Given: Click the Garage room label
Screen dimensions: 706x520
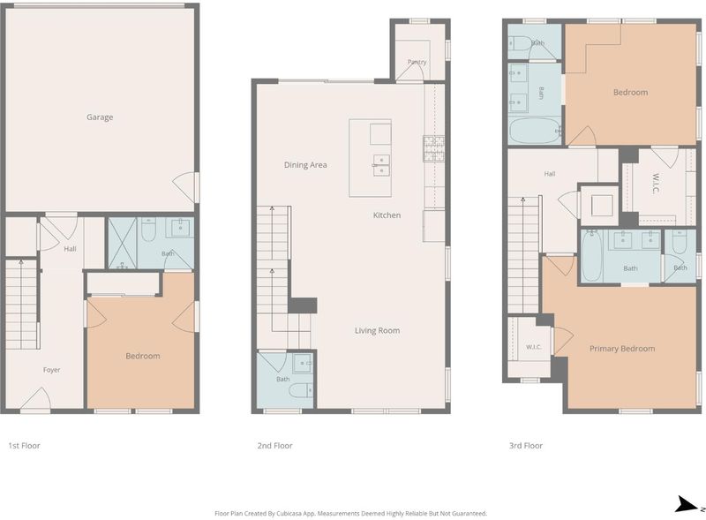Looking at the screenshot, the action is (100, 117).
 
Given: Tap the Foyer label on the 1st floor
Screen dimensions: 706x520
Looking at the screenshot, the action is (51, 370).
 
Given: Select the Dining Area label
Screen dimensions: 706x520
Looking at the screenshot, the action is (305, 165).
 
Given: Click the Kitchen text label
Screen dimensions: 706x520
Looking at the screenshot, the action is (387, 215).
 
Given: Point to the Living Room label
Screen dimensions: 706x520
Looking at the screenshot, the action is (378, 330).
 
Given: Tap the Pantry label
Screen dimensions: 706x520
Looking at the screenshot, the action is (417, 62).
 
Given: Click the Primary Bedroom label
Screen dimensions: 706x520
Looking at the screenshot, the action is (622, 349).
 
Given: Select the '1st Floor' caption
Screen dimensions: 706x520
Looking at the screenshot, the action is (25, 446).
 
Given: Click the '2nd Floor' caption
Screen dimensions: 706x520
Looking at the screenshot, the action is (274, 446).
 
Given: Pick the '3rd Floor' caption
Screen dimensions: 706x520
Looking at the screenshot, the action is (526, 446).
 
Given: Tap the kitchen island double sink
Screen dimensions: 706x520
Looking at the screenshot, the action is (381, 165).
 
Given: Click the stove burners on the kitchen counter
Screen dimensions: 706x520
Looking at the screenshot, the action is (433, 148).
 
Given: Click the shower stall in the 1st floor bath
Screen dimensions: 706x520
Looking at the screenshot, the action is (123, 244).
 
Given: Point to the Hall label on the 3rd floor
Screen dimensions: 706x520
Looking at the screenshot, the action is (549, 174).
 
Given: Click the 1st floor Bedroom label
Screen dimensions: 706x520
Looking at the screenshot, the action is (143, 356).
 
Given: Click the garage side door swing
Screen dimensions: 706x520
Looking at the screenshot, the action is (184, 187).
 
